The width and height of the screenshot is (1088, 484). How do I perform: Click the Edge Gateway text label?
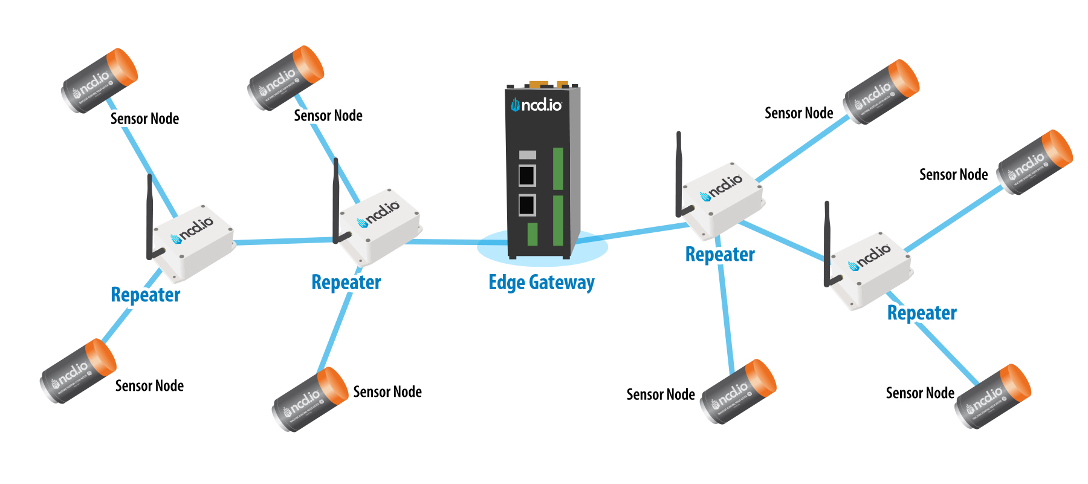(541, 283)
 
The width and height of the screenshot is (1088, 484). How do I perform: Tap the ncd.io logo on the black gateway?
(537, 105)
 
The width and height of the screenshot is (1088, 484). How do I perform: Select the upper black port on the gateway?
(527, 175)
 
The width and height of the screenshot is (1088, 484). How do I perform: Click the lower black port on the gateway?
(527, 205)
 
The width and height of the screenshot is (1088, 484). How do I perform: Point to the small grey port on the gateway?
(527, 155)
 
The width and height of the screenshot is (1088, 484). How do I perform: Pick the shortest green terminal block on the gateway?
(533, 234)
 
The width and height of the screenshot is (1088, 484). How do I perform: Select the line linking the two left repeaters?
(284, 241)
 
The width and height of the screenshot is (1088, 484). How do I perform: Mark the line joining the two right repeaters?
(783, 241)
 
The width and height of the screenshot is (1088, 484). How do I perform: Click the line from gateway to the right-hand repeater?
(635, 232)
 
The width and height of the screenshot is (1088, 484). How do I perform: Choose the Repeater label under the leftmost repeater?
(146, 295)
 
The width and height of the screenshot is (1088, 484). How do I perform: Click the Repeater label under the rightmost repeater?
(922, 313)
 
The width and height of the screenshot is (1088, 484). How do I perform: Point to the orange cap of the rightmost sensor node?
(1058, 146)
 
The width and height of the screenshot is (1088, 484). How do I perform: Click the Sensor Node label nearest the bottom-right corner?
(920, 393)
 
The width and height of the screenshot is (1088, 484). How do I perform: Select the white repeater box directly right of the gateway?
(722, 200)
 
